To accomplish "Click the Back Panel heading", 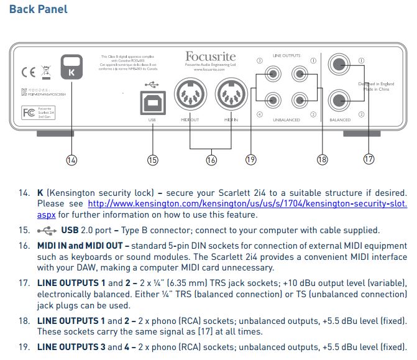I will [x=39, y=9].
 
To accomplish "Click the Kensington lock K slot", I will [x=71, y=67].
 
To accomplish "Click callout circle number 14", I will [x=71, y=160].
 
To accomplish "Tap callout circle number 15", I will [x=153, y=160].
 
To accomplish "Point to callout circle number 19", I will [x=250, y=160].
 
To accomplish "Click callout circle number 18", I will [x=322, y=160].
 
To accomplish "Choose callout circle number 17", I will [x=369, y=160].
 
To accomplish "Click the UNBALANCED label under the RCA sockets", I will [x=286, y=119].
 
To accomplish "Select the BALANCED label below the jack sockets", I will [x=340, y=119].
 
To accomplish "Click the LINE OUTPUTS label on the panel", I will [x=286, y=56].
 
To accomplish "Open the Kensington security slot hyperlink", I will [x=247, y=203].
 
